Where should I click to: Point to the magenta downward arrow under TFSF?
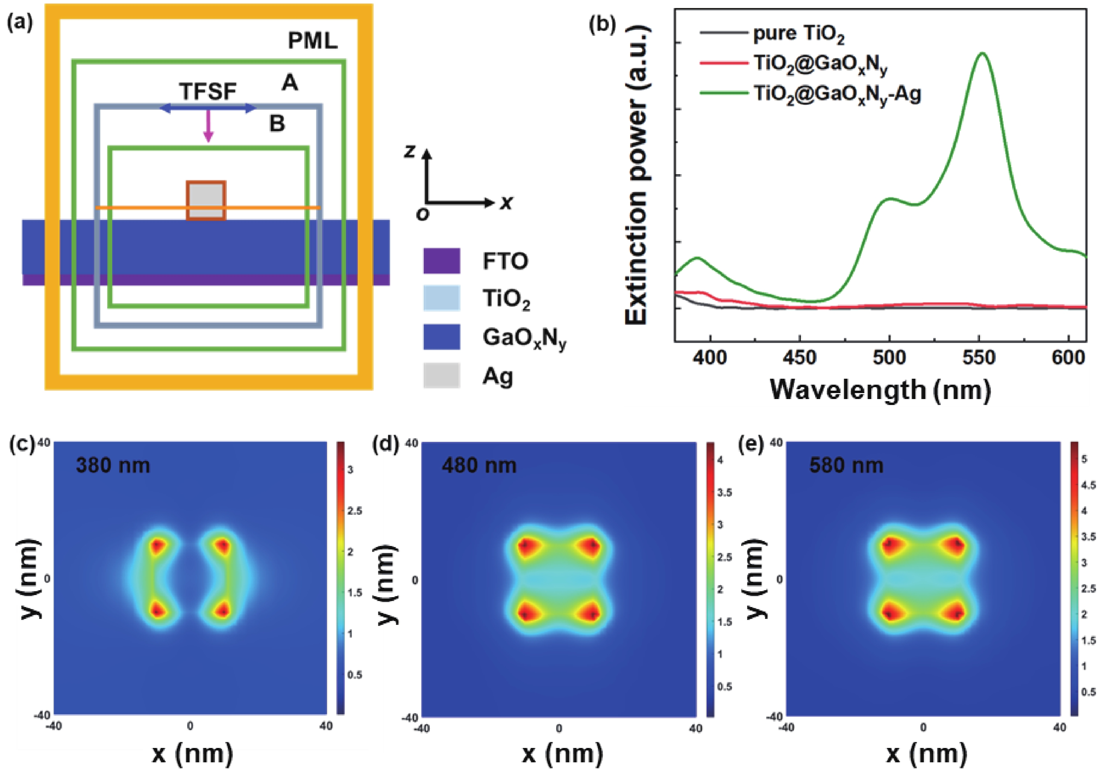pos(208,126)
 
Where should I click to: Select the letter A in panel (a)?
pos(289,83)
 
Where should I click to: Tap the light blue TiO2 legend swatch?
pos(441,298)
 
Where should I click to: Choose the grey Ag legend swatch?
pos(441,375)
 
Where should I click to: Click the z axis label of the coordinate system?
pos(410,151)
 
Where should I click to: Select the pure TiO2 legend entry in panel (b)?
pos(798,34)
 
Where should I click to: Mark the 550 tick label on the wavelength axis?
pos(979,357)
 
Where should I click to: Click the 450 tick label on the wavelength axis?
pos(800,357)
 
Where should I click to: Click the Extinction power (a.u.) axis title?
pos(637,176)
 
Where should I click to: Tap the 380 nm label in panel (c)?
pos(113,465)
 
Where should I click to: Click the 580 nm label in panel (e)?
pos(846,465)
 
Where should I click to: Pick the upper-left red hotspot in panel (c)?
pos(157,546)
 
